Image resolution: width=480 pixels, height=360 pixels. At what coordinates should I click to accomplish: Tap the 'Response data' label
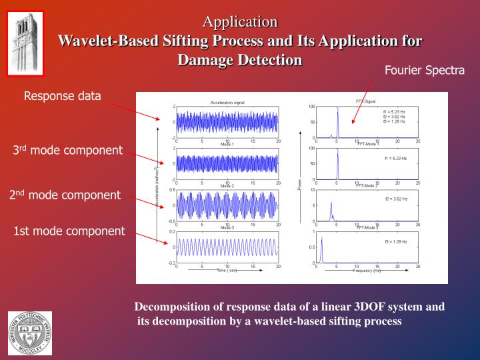click(63, 97)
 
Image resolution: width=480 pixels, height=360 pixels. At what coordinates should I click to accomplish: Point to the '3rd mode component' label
click(68, 150)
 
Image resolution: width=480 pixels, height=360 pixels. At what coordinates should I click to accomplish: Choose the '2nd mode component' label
click(65, 195)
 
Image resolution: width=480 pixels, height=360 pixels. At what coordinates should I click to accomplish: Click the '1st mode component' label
click(69, 231)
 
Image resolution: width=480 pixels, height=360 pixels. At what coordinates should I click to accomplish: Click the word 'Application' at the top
click(240, 22)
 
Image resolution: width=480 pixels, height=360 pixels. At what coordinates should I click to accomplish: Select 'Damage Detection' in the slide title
click(240, 59)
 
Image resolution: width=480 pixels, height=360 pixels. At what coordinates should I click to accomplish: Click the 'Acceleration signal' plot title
click(227, 103)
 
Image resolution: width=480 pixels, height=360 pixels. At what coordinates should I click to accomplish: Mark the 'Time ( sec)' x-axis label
click(227, 271)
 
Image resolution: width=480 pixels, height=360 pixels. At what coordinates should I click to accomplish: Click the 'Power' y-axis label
click(299, 183)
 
